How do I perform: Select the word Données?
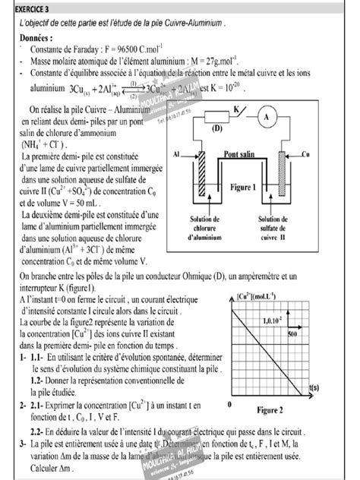click(38, 36)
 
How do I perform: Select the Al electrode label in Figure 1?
click(176, 154)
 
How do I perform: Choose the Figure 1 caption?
click(244, 186)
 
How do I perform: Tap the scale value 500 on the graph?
click(292, 333)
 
